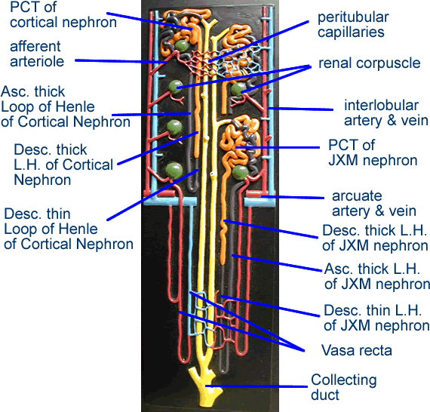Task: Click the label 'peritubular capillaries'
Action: (x=353, y=24)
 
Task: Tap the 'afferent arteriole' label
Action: (x=36, y=54)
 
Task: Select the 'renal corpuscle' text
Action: (x=369, y=63)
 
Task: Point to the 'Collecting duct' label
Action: (x=343, y=387)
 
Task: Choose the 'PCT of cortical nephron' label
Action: (x=60, y=15)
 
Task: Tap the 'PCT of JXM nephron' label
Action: (x=373, y=152)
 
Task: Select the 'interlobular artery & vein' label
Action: (x=385, y=112)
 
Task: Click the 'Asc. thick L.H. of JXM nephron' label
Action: (x=376, y=276)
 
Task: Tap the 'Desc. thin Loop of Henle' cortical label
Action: (x=68, y=229)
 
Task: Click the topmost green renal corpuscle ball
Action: (x=182, y=48)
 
